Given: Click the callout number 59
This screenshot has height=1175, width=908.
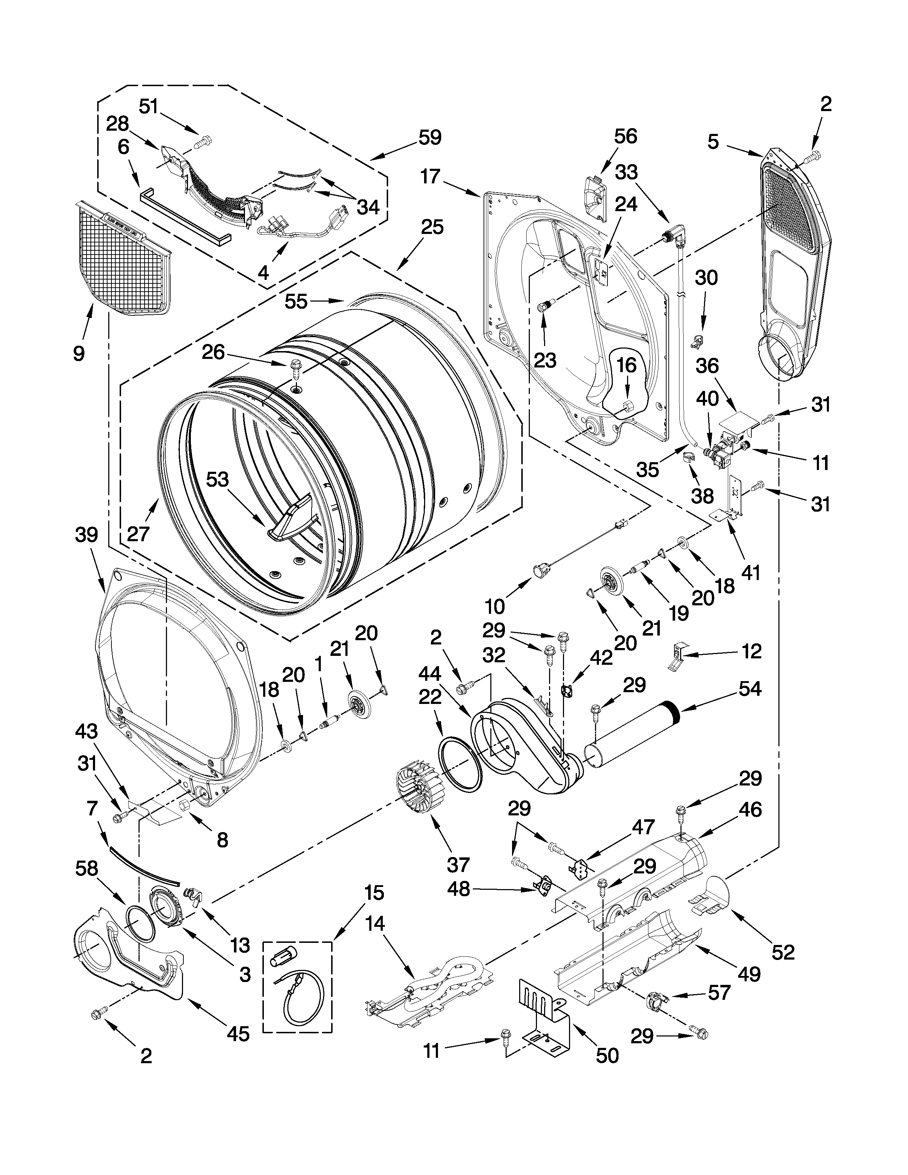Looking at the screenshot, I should click(x=430, y=138).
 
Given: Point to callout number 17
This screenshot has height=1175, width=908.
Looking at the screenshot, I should click(x=430, y=177).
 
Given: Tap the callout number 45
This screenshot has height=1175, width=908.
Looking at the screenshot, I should click(x=238, y=1033).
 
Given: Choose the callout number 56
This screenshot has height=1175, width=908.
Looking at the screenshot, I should click(x=626, y=136).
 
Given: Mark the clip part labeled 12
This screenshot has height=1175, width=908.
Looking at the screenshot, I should click(x=678, y=657).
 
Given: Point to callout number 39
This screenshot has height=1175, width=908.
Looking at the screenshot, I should click(x=87, y=535).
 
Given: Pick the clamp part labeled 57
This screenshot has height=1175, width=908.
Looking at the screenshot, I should click(x=656, y=1001).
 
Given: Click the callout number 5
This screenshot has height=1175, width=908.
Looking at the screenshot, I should click(x=713, y=142).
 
